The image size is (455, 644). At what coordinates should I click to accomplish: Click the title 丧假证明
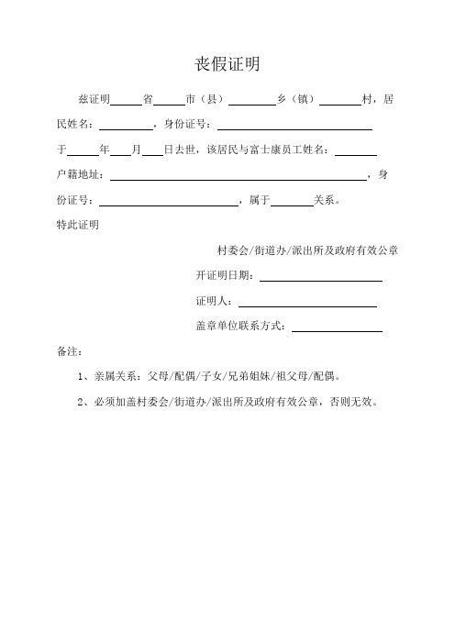point(227,64)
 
